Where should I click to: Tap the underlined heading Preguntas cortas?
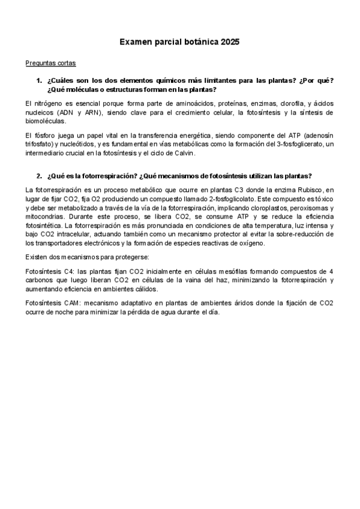[50, 63]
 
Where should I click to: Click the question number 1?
[39, 81]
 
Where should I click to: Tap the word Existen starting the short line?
[38, 257]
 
